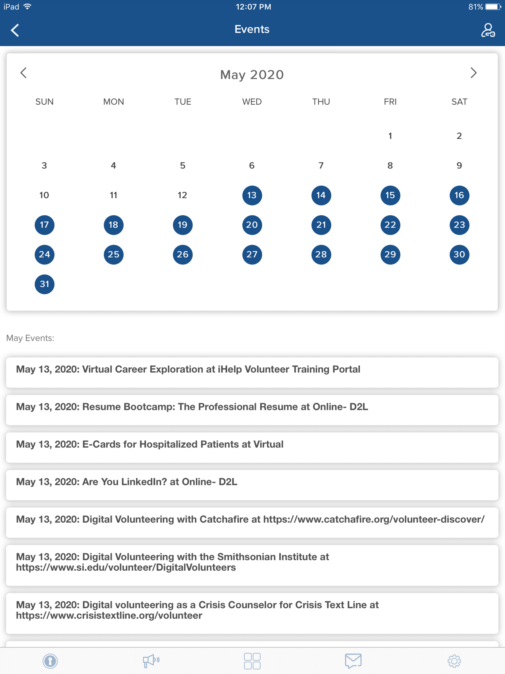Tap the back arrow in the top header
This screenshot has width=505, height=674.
pos(15,30)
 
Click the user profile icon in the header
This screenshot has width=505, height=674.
pos(488,30)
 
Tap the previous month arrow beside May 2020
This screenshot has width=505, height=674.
pos(23,73)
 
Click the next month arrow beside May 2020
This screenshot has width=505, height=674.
pos(473,73)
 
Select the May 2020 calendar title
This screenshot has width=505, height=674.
pos(252,75)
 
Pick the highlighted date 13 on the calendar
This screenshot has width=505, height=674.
pos(252,195)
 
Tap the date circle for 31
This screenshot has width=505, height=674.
pos(44,284)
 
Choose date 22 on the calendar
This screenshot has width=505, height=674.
pos(390,225)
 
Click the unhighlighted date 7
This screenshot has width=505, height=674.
pos(321,166)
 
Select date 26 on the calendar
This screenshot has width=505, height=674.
pos(183,254)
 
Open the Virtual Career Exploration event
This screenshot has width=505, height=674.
pos(252,372)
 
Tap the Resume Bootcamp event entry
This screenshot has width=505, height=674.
pos(252,410)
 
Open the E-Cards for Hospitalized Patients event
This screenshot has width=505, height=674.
pos(252,447)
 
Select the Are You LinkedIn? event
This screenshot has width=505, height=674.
pos(252,485)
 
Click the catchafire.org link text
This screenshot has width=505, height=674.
pos(374,519)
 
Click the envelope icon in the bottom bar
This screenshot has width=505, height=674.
pos(353,661)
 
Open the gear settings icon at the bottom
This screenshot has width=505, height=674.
pos(454,661)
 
